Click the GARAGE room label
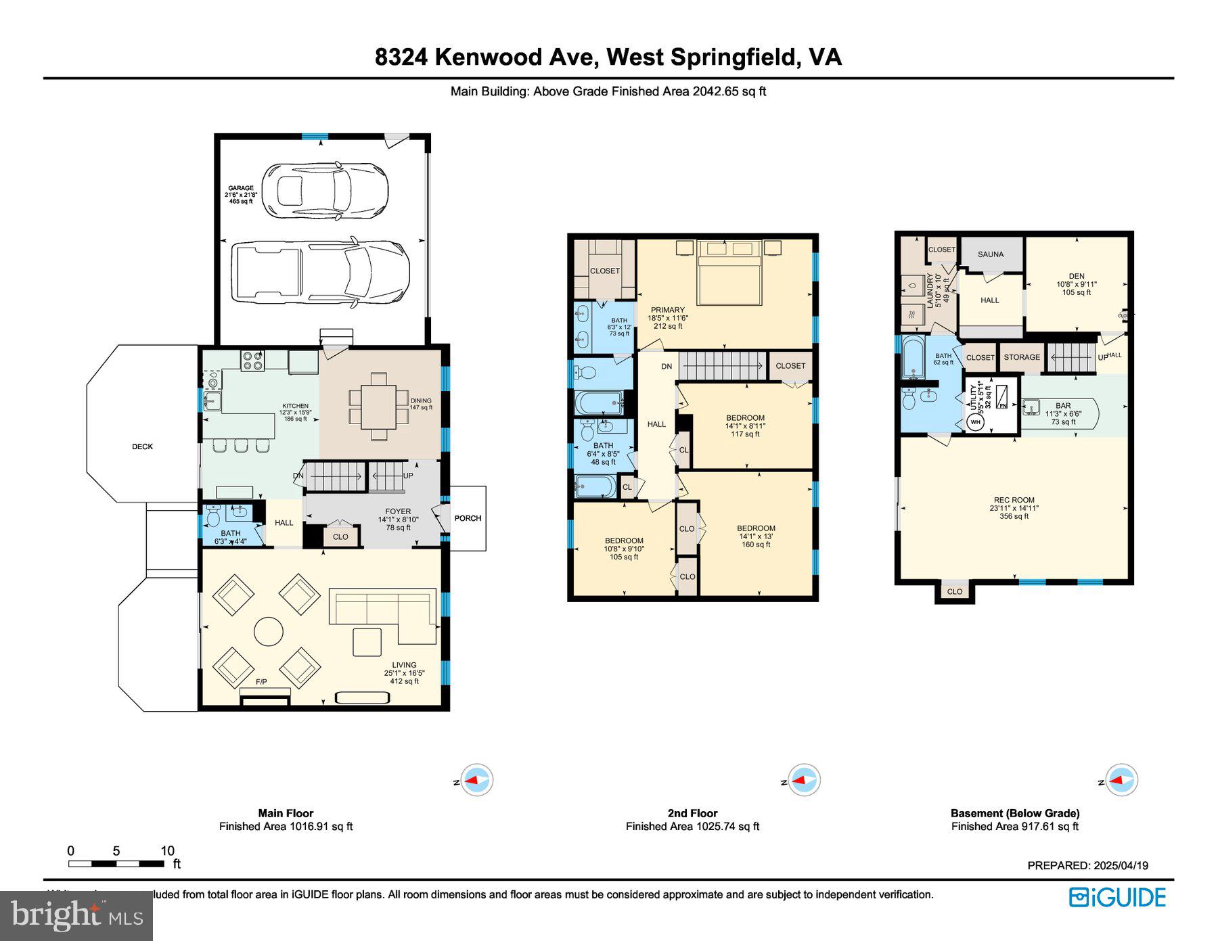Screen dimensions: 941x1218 (241, 188)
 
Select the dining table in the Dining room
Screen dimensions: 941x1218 (378, 406)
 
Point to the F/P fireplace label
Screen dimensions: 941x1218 (261, 681)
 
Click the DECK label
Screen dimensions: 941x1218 (142, 446)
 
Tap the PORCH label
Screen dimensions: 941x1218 (468, 518)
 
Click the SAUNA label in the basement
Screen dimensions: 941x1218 (991, 254)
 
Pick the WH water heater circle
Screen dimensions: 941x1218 (975, 422)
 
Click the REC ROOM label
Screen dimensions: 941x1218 (1014, 500)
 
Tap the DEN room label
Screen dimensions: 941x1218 (1076, 276)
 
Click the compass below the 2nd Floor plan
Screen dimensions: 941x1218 (804, 780)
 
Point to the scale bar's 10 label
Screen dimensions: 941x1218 (167, 851)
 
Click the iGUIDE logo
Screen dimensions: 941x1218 (1117, 897)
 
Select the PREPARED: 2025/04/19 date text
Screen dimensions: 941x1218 (1087, 865)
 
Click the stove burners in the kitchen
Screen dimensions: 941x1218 (253, 360)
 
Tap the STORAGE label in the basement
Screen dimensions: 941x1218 (1022, 357)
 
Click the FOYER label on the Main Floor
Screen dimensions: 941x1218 (398, 511)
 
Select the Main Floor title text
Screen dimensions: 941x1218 (286, 813)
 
